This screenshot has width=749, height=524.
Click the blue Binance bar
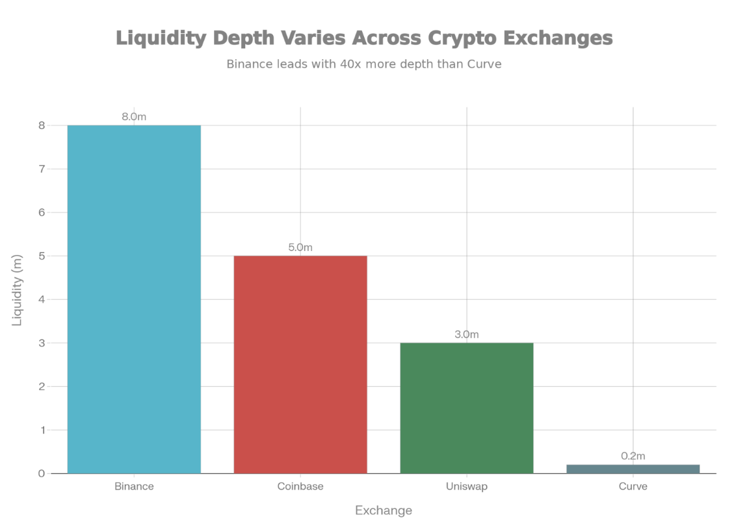click(134, 299)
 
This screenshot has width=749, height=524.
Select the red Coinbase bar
click(300, 364)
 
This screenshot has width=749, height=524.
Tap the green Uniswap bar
click(466, 408)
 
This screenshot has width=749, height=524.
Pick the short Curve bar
click(633, 469)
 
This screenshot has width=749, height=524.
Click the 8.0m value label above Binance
click(134, 117)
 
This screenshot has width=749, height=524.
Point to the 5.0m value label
click(300, 248)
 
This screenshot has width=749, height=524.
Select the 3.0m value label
click(466, 334)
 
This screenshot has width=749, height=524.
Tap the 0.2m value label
click(633, 456)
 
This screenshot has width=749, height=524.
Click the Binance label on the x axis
click(134, 486)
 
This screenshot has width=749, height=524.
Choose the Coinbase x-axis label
click(300, 486)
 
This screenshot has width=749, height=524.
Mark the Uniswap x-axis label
click(466, 486)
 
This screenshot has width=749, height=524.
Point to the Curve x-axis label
click(633, 486)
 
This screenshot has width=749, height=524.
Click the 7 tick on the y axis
click(42, 169)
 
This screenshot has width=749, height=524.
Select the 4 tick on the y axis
click(42, 300)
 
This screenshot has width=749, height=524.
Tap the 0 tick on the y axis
click(42, 473)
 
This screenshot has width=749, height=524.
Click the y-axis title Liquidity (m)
click(18, 291)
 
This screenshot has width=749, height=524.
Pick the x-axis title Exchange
click(384, 510)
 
